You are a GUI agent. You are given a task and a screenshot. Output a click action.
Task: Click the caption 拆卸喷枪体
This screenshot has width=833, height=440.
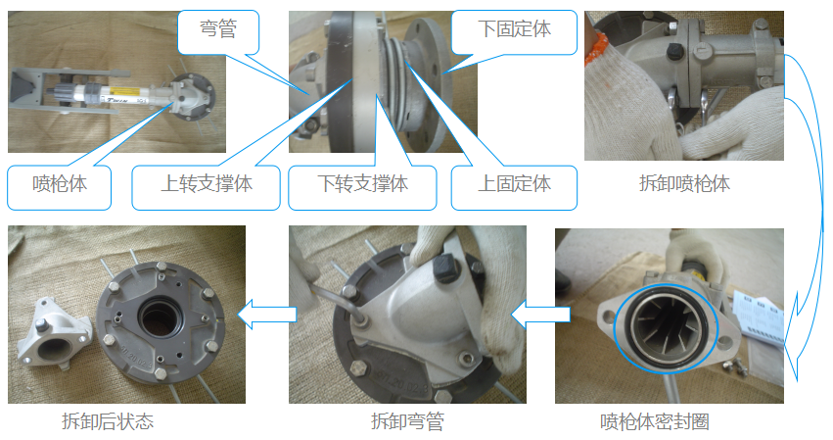coord(684,183)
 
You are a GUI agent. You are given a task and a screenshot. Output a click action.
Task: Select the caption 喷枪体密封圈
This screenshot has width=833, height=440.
coord(655,421)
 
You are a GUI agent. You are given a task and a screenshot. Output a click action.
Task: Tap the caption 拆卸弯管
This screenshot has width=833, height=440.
coord(407,421)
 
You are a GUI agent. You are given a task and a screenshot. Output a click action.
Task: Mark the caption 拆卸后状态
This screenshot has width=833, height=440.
coord(108,421)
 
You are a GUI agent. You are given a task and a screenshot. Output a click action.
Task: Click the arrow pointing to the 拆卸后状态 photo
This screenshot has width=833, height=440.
coord(266,315)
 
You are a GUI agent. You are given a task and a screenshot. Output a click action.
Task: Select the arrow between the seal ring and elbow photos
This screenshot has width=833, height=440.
coord(540,315)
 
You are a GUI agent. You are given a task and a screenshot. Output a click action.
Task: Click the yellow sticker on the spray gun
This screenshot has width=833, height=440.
coord(123,91)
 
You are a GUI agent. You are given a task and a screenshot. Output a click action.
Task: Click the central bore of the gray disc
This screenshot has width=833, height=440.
coord(159,318)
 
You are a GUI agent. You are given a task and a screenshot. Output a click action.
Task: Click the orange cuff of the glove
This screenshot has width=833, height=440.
coord(594,48)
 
